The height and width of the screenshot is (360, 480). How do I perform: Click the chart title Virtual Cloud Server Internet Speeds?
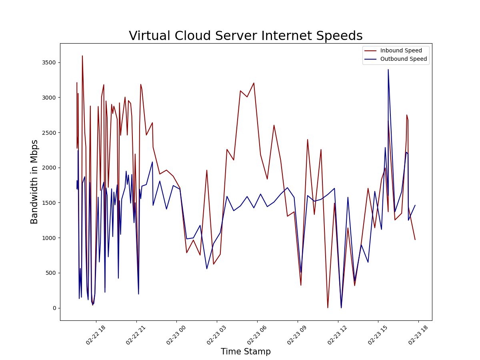click(246, 36)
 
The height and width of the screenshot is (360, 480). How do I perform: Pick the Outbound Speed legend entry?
click(403, 59)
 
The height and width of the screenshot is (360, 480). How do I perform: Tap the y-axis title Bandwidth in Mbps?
click(35, 182)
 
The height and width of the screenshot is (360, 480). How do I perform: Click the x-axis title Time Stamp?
click(246, 352)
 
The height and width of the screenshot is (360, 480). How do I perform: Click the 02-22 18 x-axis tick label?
click(96, 335)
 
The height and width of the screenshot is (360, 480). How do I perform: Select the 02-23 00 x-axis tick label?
click(176, 335)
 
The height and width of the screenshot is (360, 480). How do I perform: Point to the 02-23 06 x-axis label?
click(257, 335)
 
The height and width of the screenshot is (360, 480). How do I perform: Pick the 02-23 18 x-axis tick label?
click(418, 335)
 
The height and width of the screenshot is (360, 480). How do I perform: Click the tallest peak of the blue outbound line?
click(388, 70)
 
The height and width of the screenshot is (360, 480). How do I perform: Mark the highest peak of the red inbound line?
click(82, 56)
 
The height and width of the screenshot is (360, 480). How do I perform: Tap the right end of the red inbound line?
click(415, 240)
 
